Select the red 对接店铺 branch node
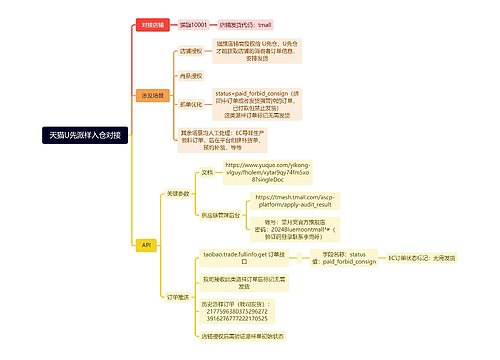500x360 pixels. coord(152,23)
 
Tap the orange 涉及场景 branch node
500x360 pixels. coord(152,95)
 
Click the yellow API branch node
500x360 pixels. coord(146,244)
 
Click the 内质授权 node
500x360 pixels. coord(190,75)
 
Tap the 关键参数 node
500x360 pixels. coord(178,193)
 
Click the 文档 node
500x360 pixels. coord(207,172)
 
